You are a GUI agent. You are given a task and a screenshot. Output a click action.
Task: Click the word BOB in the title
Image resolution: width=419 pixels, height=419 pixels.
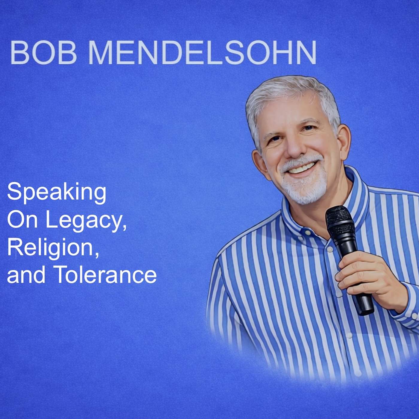point(44,53)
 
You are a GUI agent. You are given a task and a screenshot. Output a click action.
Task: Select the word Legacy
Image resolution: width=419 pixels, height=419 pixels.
point(86,220)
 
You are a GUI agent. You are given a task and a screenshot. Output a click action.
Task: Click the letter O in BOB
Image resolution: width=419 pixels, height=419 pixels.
point(44,53)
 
